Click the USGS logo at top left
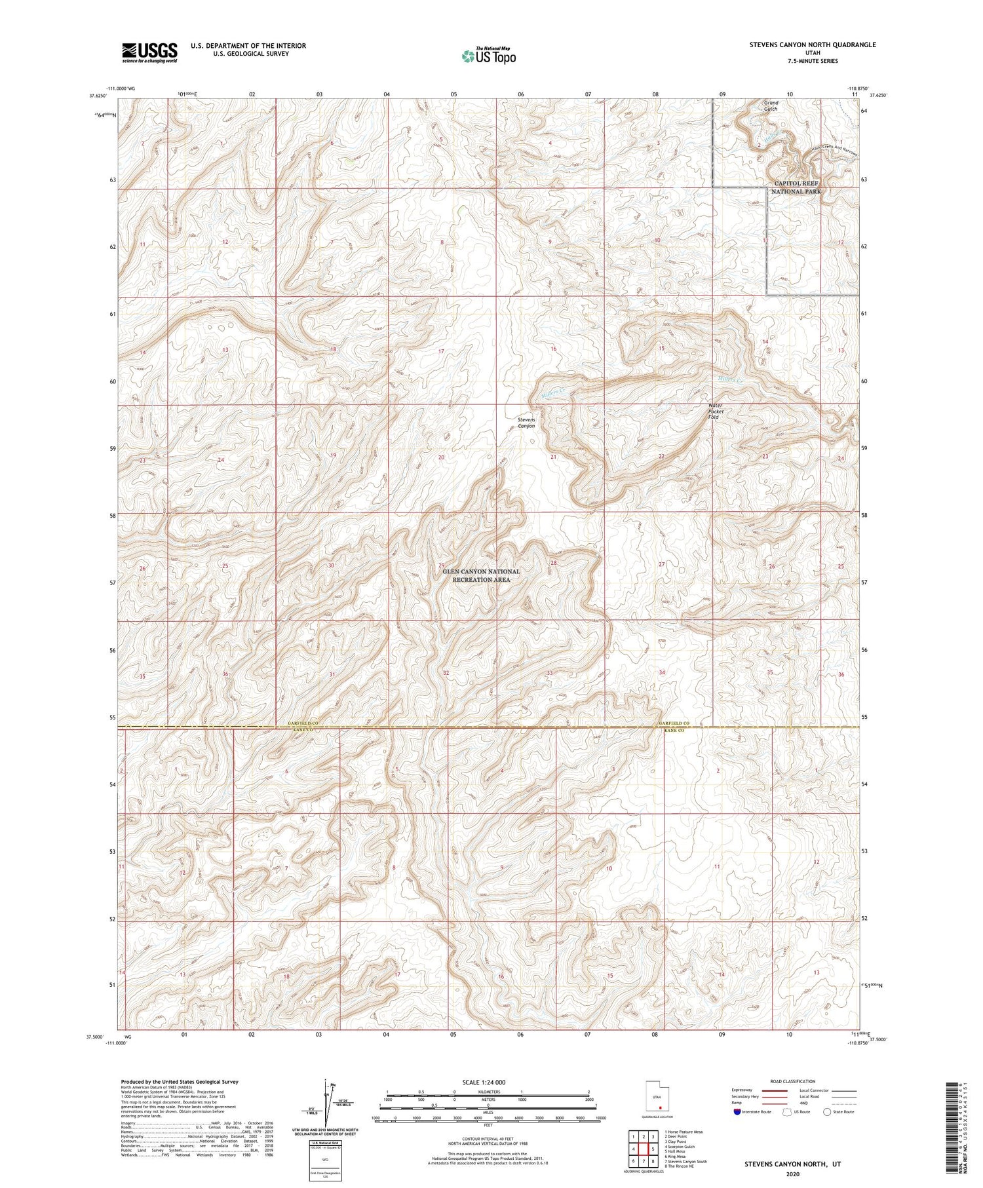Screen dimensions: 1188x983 [x=149, y=52]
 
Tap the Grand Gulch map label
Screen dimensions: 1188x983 [x=771, y=106]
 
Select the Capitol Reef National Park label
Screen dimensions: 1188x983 [x=796, y=187]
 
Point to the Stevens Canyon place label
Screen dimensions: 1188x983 [x=526, y=423]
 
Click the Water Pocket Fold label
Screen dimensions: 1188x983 [x=714, y=411]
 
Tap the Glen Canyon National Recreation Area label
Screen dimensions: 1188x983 [x=481, y=575]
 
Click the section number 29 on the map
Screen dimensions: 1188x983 [x=442, y=565]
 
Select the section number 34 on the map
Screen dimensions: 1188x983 [x=662, y=672]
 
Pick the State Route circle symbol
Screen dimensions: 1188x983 [x=827, y=1111]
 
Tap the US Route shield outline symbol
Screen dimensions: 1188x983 [x=786, y=1112]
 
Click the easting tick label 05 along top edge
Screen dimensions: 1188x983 [x=453, y=94]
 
